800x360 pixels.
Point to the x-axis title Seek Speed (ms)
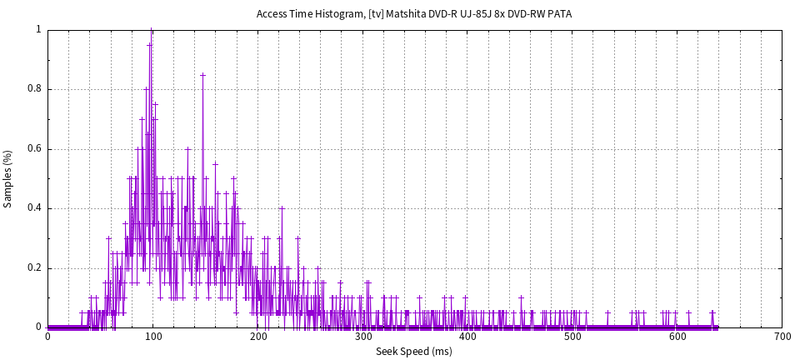(414, 352)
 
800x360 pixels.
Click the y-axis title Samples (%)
(8, 178)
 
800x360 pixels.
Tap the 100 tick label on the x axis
(152, 336)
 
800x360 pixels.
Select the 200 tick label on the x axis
(257, 336)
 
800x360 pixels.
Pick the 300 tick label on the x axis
(362, 336)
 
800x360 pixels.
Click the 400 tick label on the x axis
(467, 336)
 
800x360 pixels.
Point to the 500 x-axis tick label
(572, 336)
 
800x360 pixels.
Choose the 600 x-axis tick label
(677, 336)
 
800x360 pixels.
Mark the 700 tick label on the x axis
(782, 336)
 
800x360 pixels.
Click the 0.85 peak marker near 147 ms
(202, 74)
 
